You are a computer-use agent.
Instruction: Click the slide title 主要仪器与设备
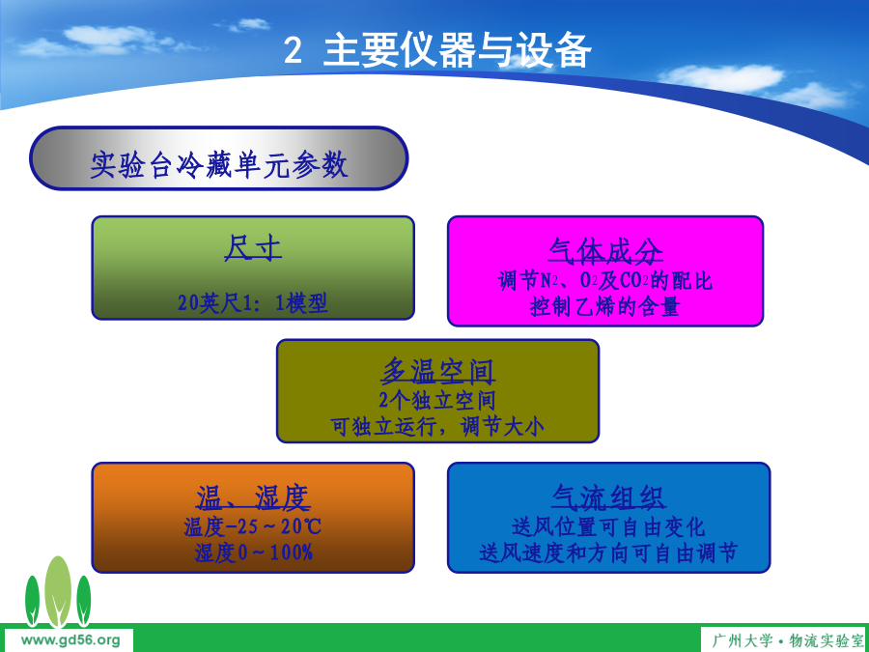(458, 50)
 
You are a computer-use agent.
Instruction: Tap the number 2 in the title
(293, 51)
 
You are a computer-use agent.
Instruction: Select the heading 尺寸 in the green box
(253, 248)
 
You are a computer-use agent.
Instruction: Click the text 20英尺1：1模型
(253, 303)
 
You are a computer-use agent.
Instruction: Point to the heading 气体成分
(605, 251)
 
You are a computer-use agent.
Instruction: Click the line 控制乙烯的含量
(605, 306)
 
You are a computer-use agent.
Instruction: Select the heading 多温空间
(437, 372)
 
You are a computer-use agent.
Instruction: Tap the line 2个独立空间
(437, 400)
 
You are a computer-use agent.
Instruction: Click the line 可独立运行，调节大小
(437, 426)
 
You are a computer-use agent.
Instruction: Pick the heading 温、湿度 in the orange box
(253, 497)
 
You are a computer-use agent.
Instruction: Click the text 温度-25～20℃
(253, 526)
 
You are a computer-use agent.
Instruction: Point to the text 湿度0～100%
(254, 553)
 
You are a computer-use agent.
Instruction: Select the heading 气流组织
(608, 497)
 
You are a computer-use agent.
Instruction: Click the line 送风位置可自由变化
(608, 526)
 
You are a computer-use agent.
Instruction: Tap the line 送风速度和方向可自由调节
(608, 553)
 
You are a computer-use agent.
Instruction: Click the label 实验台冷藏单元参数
(219, 164)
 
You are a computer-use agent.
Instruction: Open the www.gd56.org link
(70, 641)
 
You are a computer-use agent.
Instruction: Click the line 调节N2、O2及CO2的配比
(605, 280)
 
